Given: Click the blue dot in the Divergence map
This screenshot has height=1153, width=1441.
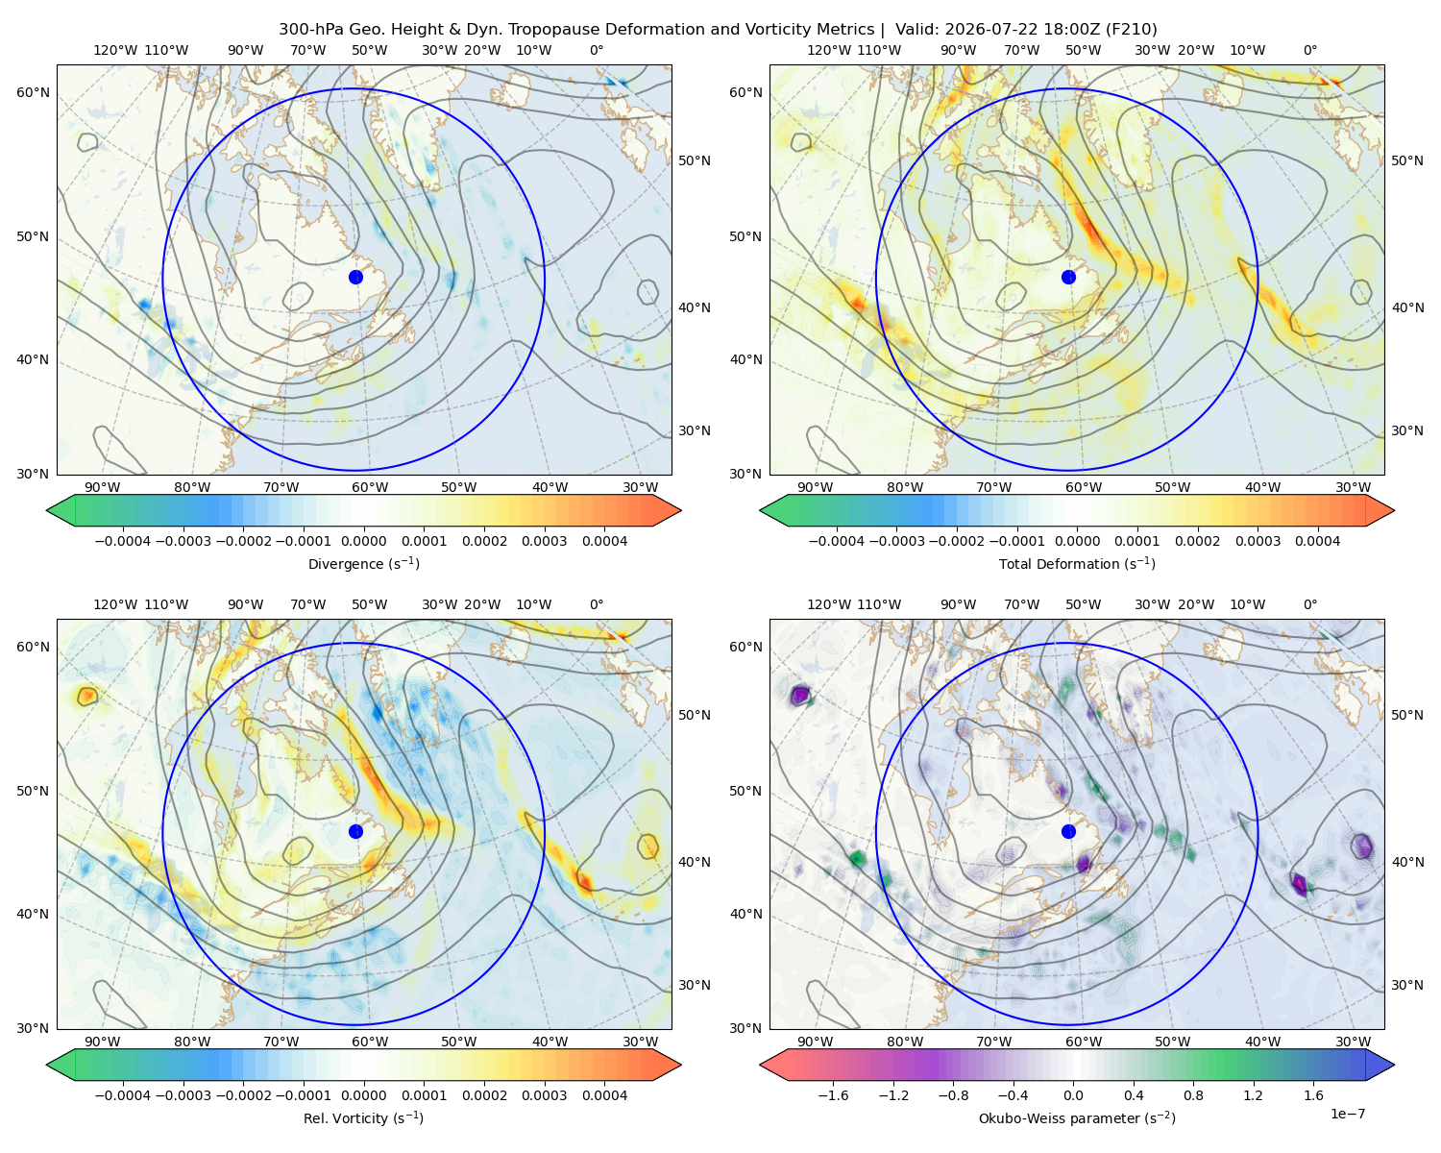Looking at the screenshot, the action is pos(355,278).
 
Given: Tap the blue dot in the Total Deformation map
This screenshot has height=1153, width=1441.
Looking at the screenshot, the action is pos(1068,278).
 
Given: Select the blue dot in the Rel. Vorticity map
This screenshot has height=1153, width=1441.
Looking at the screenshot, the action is pos(355,831).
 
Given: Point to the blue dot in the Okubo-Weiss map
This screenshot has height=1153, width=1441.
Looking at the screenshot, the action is pos(1068,831).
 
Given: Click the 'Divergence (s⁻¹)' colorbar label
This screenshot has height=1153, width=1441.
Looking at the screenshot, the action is pos(363,563).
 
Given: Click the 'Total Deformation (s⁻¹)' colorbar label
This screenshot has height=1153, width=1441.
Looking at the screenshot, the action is pos(1077,563).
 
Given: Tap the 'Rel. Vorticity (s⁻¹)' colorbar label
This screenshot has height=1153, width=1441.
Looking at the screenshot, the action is pos(363,1118).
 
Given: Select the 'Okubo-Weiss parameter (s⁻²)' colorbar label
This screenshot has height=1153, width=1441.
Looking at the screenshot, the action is pos(1077,1118).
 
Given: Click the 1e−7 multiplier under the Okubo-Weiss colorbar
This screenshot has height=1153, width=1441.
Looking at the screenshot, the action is pos(1347,1115).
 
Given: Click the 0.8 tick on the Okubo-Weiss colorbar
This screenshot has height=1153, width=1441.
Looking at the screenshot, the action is pos(1193,1095).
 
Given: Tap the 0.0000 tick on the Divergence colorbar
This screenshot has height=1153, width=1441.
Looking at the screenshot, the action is pos(363,541).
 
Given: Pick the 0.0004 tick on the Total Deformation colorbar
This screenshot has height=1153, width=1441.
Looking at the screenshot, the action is pos(1318,541).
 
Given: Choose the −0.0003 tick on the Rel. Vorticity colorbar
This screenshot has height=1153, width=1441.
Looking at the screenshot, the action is pos(183,1095).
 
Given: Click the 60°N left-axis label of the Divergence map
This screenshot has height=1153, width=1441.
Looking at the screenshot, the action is pos(33,92).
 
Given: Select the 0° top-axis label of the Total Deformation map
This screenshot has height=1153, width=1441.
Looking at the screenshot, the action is pos(1309,50).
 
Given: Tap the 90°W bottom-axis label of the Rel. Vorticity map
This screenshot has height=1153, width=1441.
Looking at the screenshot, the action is pos(103,1042).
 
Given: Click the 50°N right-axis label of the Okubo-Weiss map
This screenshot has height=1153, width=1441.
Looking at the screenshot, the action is pos(1407,715).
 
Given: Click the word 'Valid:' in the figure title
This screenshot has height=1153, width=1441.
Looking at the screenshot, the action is pos(917,30).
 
